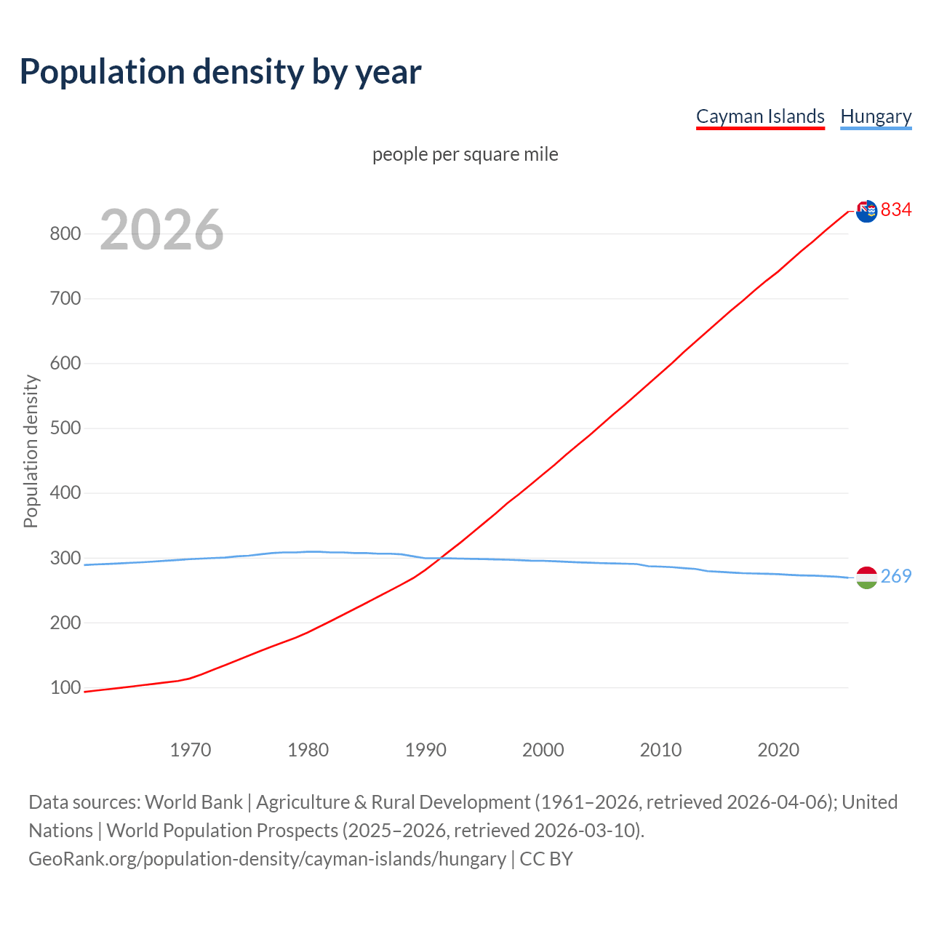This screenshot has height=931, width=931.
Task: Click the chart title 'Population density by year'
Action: [x=220, y=71]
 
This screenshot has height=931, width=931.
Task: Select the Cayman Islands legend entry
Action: [x=760, y=116]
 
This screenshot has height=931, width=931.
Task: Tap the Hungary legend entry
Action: [x=876, y=116]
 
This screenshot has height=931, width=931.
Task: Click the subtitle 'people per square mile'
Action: [x=465, y=154]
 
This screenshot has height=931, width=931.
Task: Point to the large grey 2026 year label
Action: [x=161, y=230]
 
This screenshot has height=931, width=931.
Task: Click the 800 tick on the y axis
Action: [x=65, y=233]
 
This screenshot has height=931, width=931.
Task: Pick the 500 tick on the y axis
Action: [x=65, y=428]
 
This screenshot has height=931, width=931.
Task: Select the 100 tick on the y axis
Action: [x=65, y=687]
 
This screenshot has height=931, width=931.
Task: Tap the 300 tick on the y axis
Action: [x=65, y=558]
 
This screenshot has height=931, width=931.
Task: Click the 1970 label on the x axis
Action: [x=191, y=750]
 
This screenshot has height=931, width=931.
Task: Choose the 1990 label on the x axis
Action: [x=425, y=750]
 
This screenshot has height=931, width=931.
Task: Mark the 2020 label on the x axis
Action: [x=778, y=750]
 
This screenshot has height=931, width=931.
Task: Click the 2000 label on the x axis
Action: [x=543, y=750]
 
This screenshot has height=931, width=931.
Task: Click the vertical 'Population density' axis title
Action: [x=31, y=451]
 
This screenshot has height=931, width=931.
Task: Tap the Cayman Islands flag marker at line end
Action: [x=866, y=212]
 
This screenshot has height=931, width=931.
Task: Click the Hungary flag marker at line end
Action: [x=866, y=578]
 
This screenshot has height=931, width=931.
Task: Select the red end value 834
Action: [x=896, y=209]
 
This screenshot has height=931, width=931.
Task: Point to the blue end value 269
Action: [x=896, y=576]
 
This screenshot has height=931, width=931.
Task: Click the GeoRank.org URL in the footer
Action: [x=267, y=858]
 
